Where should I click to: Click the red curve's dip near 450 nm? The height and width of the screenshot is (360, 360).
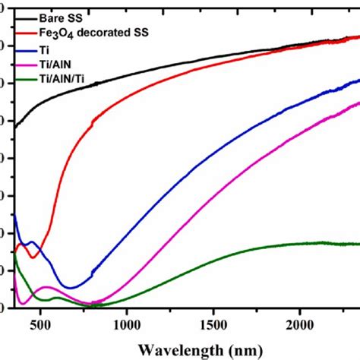pos(33,257)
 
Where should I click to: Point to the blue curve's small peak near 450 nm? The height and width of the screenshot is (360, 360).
pos(32,243)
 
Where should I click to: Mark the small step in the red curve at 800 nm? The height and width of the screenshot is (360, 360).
pos(93,121)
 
